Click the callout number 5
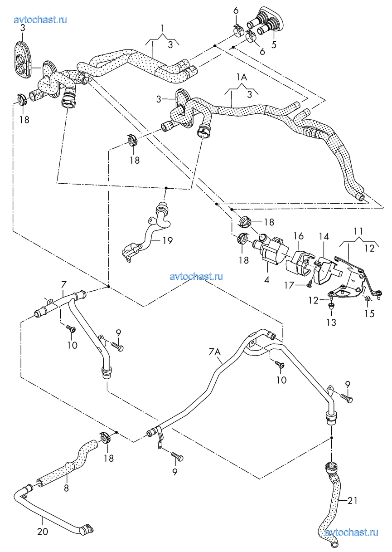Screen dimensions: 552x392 coord(274,45)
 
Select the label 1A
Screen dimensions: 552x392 coord(242,78)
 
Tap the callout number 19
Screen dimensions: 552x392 coord(168,240)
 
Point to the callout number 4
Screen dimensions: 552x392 coord(266,280)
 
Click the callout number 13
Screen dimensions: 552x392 coord(332,322)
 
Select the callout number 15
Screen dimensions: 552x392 coord(370,313)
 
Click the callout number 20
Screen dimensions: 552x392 coord(43,532)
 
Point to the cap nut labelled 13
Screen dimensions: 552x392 coord(332,307)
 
